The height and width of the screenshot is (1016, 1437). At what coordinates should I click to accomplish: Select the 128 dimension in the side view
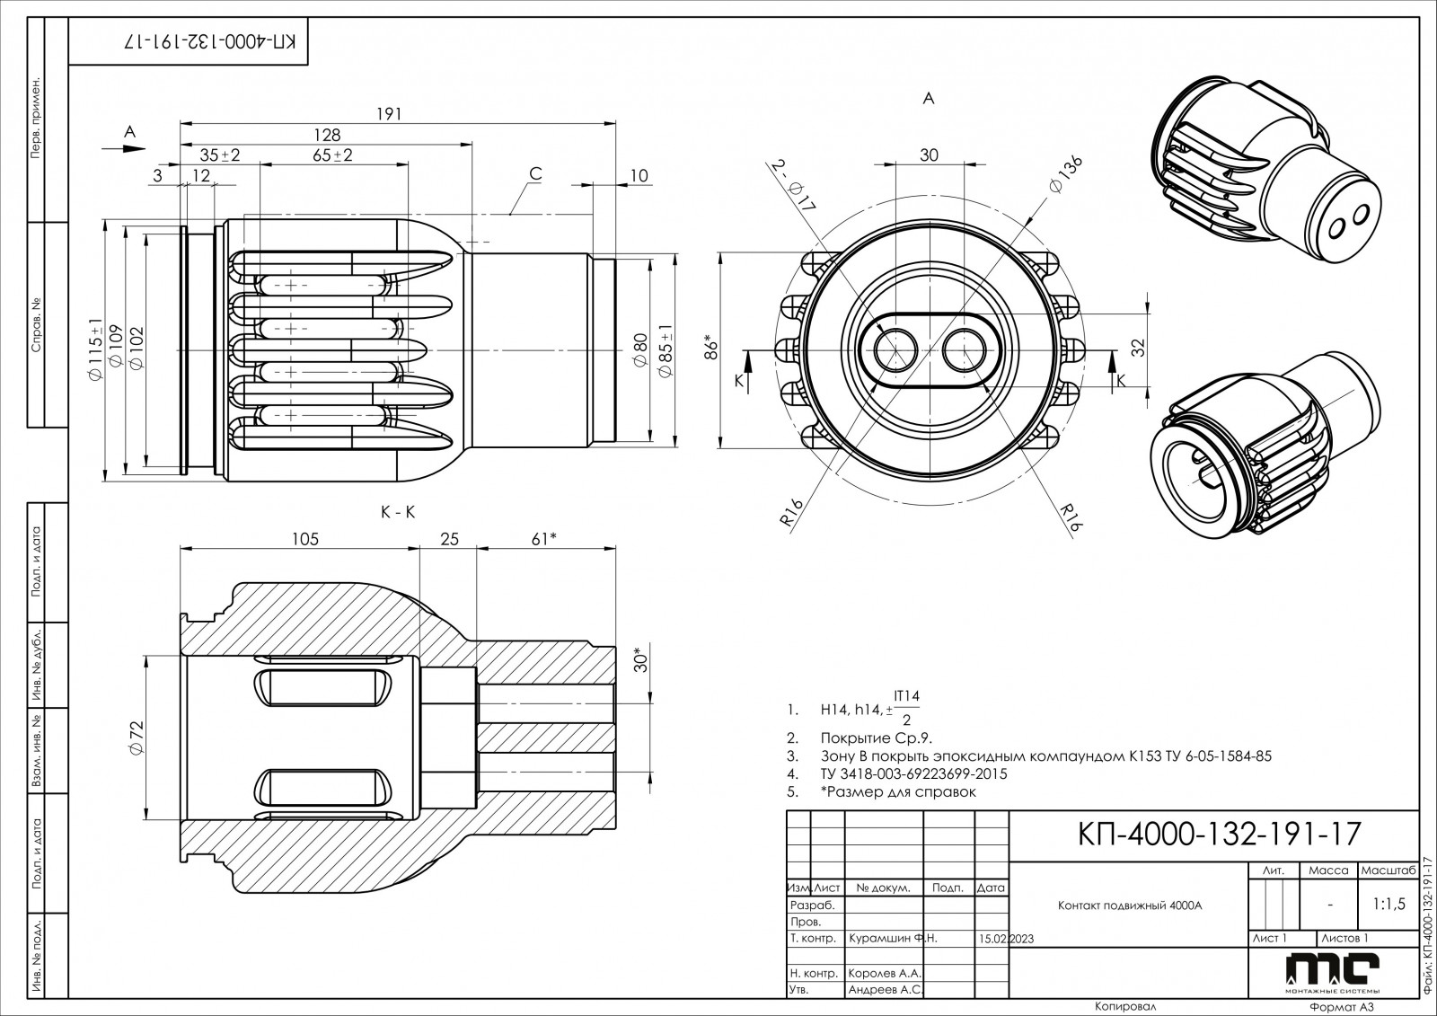[327, 135]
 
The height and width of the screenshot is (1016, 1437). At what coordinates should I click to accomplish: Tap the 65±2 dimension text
[332, 155]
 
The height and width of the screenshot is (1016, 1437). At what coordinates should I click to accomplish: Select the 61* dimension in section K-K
[544, 539]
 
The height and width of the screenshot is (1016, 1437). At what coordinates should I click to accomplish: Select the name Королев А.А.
[885, 973]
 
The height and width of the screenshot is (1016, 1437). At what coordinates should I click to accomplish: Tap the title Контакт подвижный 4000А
[1129, 906]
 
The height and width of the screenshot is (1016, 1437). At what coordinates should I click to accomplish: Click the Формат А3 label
[1343, 1007]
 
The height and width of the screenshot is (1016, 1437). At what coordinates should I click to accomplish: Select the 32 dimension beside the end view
[1137, 349]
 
